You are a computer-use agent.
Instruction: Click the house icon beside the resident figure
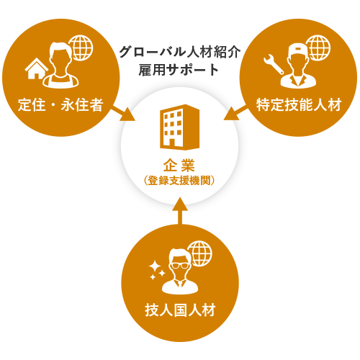[37, 69]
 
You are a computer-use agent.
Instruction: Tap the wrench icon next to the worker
[274, 64]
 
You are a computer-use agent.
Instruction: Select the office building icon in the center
[179, 127]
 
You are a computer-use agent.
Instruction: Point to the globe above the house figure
[81, 48]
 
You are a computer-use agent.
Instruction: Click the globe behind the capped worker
[318, 48]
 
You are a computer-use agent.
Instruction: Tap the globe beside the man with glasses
[199, 253]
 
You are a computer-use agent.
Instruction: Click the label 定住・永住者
[60, 105]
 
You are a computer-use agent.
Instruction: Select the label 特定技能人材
[299, 105]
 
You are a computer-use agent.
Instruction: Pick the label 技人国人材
[180, 310]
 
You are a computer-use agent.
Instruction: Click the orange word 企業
[179, 166]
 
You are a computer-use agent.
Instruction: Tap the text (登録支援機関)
[179, 181]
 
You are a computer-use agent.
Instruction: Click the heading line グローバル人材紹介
[179, 52]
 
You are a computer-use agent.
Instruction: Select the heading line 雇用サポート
[179, 70]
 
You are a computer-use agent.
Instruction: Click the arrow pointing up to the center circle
[180, 211]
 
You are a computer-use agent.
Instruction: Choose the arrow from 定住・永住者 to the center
[123, 114]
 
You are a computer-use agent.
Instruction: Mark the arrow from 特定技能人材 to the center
[235, 113]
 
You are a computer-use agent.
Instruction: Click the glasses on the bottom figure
[180, 266]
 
